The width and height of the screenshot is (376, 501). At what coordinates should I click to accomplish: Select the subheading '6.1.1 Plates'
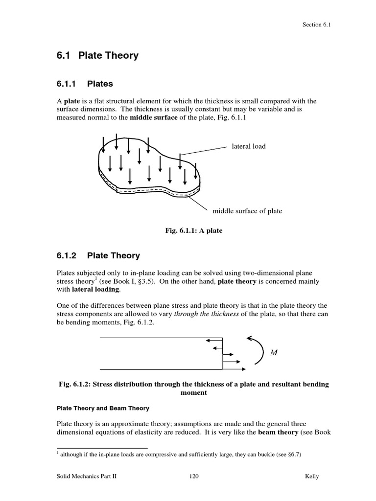point(85,84)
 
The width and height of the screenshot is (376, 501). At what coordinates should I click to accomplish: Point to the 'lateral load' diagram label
point(249,146)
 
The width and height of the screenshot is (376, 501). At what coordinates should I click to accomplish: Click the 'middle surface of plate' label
point(247,211)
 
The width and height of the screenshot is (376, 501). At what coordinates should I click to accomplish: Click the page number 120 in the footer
point(193,477)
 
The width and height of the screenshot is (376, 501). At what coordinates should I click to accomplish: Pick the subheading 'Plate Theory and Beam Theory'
point(103,408)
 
